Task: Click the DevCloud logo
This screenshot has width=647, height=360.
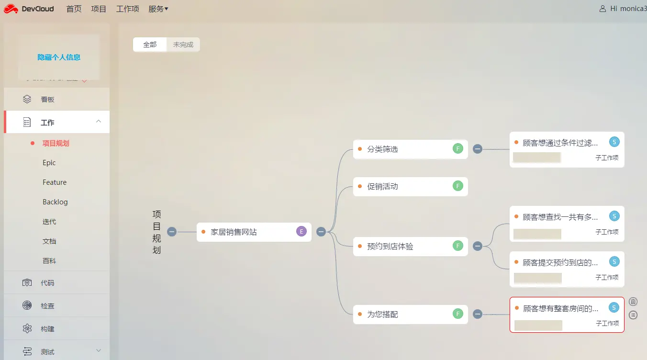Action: point(29,9)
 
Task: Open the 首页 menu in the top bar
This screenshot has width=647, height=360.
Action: point(74,9)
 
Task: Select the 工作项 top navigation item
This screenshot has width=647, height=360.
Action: point(127,9)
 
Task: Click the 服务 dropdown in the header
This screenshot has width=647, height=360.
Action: point(158,9)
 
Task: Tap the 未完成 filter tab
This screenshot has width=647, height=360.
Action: point(183,45)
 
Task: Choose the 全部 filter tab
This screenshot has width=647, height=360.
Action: point(150,45)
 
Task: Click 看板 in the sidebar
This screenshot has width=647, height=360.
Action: point(48,100)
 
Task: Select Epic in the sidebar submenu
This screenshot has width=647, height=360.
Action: point(49,163)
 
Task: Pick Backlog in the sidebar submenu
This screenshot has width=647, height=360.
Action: point(55,202)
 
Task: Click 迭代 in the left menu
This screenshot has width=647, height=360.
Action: point(49,222)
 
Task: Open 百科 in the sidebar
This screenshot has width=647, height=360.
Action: point(49,261)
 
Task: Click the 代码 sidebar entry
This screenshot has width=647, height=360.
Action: point(47,283)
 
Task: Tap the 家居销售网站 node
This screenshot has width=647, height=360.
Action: point(234,232)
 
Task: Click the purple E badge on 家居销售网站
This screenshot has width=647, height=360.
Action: point(301,232)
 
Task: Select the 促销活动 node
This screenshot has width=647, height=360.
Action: point(382,187)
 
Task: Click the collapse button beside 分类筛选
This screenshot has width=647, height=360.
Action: point(477,149)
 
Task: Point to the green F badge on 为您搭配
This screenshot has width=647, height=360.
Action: point(458,314)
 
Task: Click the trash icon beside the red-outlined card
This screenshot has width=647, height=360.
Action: point(633,302)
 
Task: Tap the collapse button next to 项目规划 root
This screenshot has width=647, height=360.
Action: point(172,232)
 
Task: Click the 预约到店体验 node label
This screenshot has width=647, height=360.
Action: point(390,247)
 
